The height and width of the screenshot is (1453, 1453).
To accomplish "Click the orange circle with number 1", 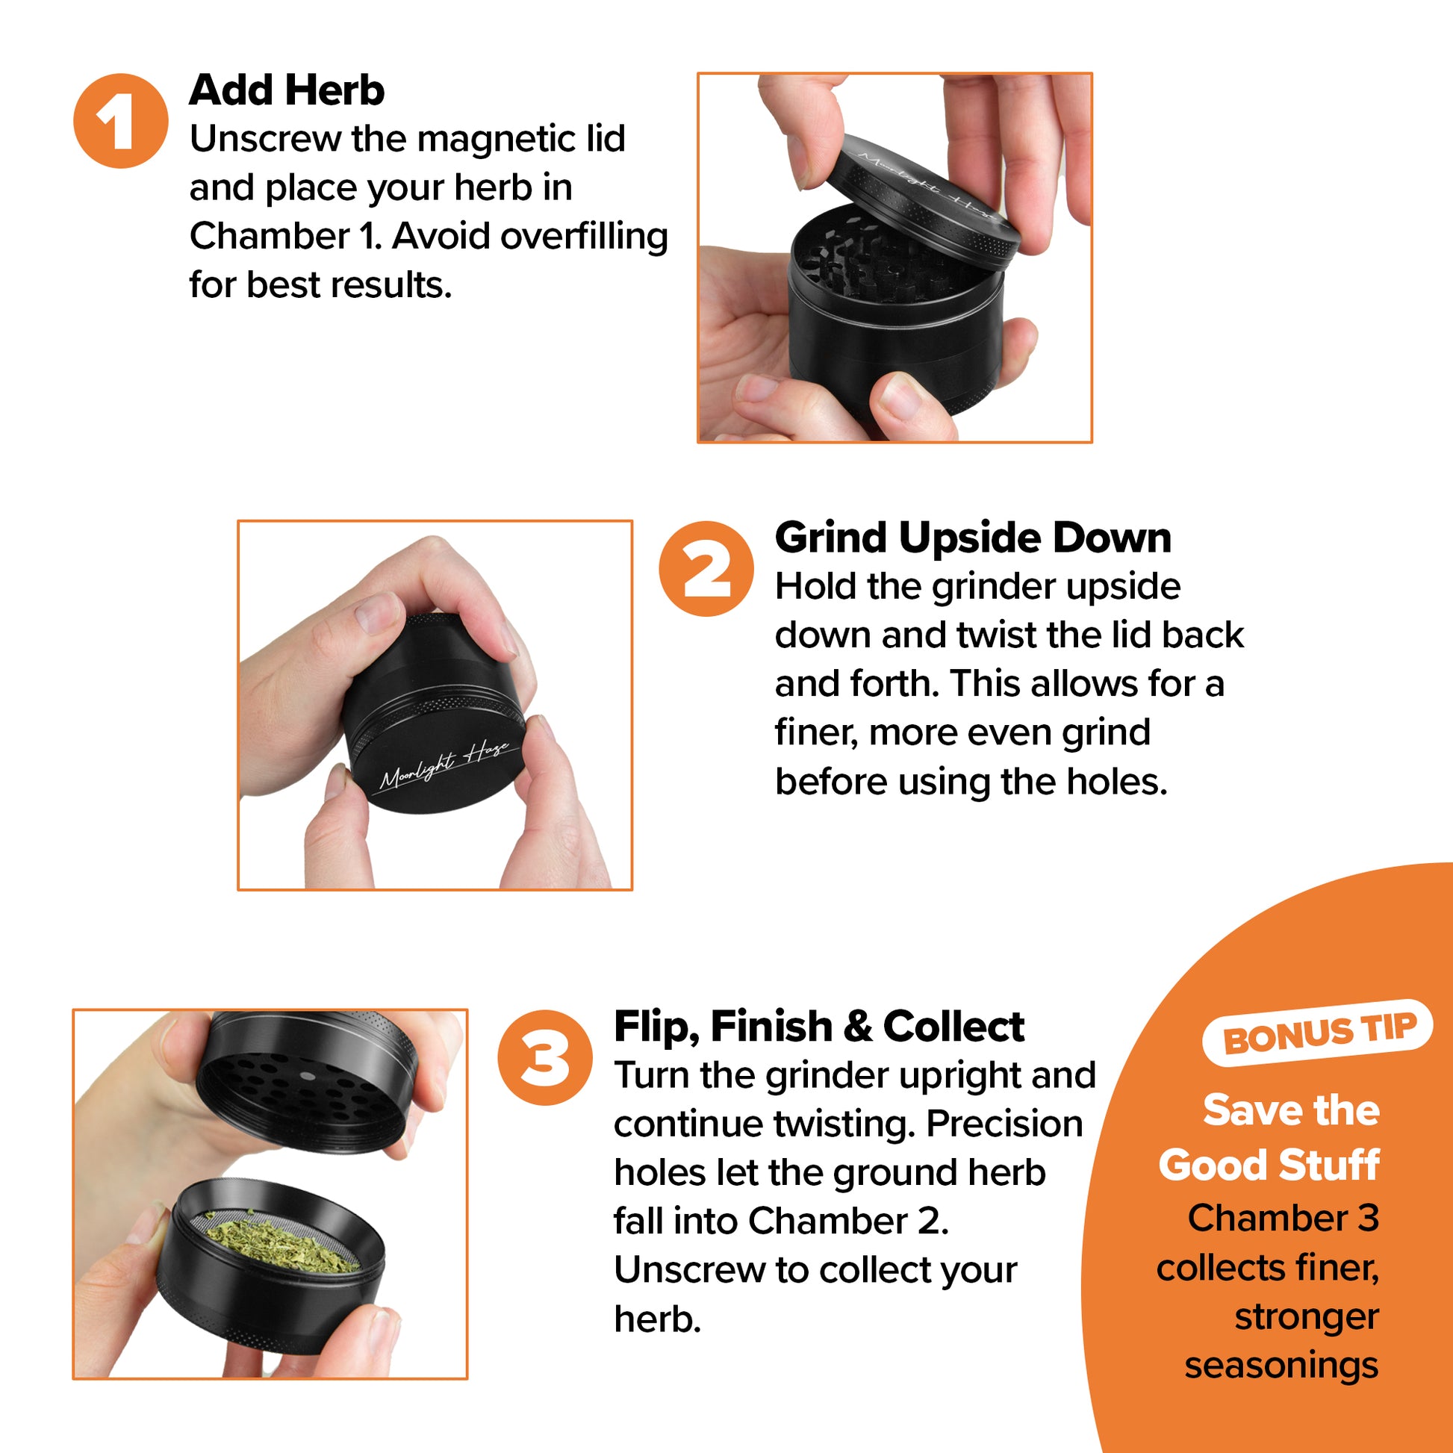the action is coord(120,120).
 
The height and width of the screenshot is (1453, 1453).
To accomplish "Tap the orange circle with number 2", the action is coord(706,568).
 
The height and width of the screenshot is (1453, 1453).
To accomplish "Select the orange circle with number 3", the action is coord(545,1057).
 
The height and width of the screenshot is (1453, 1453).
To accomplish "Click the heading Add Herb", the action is coord(287,90).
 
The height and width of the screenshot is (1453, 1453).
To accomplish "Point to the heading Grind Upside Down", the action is coord(973,538).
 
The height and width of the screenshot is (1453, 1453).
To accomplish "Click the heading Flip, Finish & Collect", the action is coord(819,1027).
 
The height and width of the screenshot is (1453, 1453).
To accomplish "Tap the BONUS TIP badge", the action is coord(1319,1033).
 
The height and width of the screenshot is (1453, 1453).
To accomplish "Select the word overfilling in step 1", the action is coord(584,237).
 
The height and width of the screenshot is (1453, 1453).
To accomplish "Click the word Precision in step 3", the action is coord(1004,1124).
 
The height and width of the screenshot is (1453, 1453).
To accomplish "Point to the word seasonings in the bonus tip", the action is coord(1281,1366).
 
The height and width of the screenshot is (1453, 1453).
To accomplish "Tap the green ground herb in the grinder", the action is coord(283,1245).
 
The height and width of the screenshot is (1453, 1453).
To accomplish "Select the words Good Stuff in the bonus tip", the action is coord(1269,1165).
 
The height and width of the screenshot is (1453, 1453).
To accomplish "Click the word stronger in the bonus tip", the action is coord(1307,1316).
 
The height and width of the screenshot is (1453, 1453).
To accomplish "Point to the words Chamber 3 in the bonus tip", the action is coord(1283,1218).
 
